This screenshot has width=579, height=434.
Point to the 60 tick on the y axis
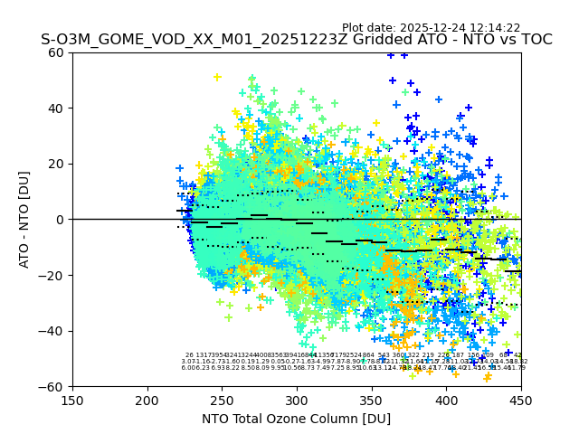pos(57,52)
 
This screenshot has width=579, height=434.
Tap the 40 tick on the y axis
pos(57,108)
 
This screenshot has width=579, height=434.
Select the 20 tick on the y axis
pos(57,164)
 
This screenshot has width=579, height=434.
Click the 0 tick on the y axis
pos(61,220)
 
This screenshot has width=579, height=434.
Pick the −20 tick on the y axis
pos(53,275)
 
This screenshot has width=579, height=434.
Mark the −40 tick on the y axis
pos(53,331)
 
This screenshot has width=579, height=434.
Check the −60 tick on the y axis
pos(53,386)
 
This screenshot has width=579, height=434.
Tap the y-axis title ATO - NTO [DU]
pos(25,220)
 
